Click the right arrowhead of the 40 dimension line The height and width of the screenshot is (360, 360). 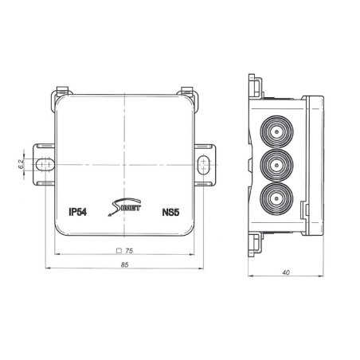click(324, 269)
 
